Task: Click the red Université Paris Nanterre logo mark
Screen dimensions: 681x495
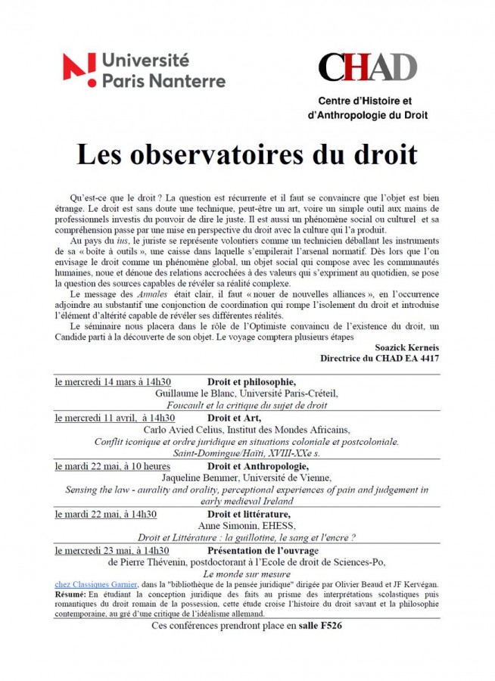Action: pos(79,70)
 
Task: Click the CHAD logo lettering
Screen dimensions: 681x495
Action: pos(367,67)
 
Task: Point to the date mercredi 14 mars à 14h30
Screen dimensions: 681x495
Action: pos(113,381)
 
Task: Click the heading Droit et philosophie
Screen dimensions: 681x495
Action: pos(251,381)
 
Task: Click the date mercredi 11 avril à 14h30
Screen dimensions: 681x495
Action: pos(114,418)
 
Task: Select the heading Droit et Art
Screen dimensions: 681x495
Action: pos(234,418)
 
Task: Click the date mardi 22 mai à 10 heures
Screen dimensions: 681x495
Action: pos(112,466)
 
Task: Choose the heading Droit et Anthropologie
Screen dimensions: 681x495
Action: pos(260,466)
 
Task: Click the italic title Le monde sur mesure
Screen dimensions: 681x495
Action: pos(247,574)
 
